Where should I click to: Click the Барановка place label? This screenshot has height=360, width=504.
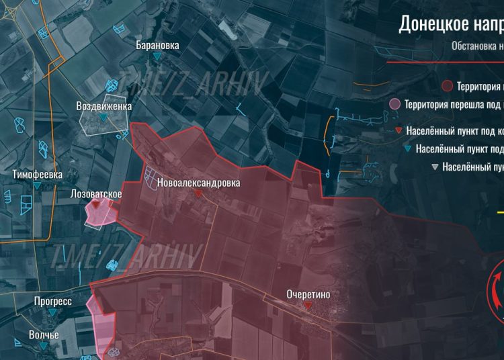pyautogui.click(x=157, y=46)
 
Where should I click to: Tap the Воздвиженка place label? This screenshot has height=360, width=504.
pyautogui.click(x=103, y=106)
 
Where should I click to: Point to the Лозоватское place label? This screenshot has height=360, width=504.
pyautogui.click(x=96, y=194)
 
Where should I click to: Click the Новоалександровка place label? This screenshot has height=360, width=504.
pyautogui.click(x=198, y=183)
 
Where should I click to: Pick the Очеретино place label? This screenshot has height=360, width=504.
pyautogui.click(x=308, y=294)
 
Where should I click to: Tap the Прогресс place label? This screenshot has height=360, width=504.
pyautogui.click(x=53, y=302)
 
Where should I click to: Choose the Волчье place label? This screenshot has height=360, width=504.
pyautogui.click(x=44, y=334)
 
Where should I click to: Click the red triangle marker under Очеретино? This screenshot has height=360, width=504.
pyautogui.click(x=308, y=305)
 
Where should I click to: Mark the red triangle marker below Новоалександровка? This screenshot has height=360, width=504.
pyautogui.click(x=198, y=193)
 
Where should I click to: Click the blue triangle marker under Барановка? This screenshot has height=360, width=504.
pyautogui.click(x=157, y=56)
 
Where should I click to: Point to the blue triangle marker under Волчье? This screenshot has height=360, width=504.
pyautogui.click(x=44, y=345)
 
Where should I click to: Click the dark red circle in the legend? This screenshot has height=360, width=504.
pyautogui.click(x=447, y=86)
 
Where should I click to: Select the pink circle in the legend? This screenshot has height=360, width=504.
pyautogui.click(x=395, y=104)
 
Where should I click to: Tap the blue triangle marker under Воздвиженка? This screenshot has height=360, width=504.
pyautogui.click(x=103, y=118)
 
